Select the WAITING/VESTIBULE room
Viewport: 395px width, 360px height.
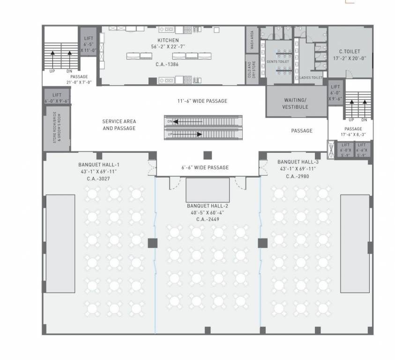pyautogui.click(x=295, y=104)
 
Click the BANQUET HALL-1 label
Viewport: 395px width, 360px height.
pyautogui.click(x=99, y=165)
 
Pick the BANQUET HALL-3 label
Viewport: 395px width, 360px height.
pyautogui.click(x=298, y=162)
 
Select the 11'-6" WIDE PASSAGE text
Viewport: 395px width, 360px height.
pyautogui.click(x=202, y=101)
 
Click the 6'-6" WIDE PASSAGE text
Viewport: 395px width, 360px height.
pyautogui.click(x=205, y=167)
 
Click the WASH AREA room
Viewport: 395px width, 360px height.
pyautogui.click(x=252, y=40)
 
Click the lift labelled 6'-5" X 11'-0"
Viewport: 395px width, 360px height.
pyautogui.click(x=89, y=44)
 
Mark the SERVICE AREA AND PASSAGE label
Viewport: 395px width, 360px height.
pyautogui.click(x=119, y=125)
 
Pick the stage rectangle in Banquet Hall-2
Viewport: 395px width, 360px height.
pyautogui.click(x=208, y=189)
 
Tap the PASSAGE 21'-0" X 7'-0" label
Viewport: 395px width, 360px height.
pyautogui.click(x=80, y=79)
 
